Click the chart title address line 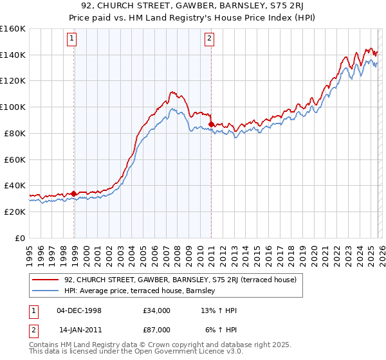coord(193,6)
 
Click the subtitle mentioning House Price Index coord(193,17)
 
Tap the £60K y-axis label coord(15,159)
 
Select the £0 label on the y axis coord(19,238)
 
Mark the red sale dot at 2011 coord(212,124)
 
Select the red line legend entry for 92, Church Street coord(180,280)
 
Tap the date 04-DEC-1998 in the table coord(79,310)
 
